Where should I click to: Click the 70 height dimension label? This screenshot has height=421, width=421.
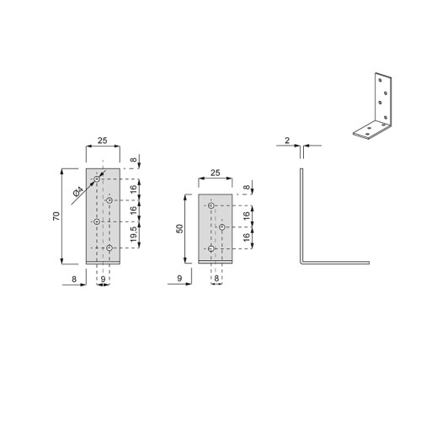56,216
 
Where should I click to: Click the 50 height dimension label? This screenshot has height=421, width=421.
179,228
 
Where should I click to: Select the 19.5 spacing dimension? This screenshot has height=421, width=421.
134,234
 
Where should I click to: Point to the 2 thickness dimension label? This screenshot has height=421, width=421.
287,141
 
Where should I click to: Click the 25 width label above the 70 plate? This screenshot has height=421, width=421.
103,141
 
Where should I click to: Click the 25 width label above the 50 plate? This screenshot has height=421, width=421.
216,173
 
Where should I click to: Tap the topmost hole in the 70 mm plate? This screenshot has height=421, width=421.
97,179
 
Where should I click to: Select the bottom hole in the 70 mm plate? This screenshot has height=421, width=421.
109,248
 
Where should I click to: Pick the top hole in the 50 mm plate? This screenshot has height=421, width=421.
211,205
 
